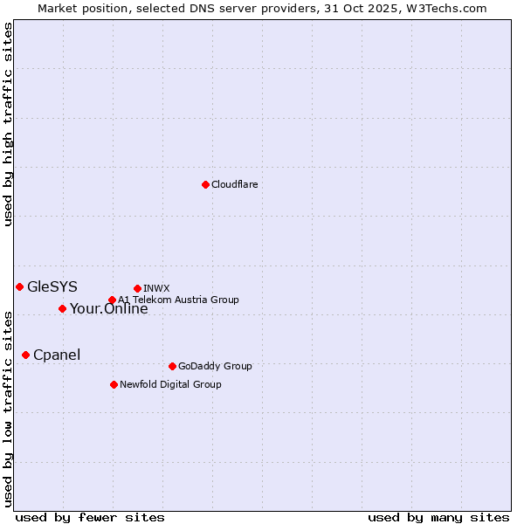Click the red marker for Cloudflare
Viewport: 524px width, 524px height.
click(205, 184)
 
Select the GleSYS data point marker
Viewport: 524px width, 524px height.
click(19, 286)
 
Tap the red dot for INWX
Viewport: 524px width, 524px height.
click(137, 288)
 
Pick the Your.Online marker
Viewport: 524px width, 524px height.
click(62, 308)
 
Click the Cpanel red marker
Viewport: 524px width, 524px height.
click(25, 355)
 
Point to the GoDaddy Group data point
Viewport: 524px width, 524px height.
click(172, 366)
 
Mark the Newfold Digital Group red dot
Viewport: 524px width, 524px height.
click(114, 384)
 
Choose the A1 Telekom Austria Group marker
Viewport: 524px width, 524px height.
click(112, 300)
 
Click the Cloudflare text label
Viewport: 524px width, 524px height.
click(234, 184)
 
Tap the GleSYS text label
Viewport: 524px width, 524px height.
click(52, 286)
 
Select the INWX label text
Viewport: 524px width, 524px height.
click(156, 288)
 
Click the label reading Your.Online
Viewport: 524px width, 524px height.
click(109, 308)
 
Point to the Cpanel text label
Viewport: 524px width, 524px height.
click(57, 355)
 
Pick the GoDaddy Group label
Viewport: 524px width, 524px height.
click(215, 366)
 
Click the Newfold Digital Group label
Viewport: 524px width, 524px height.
click(170, 384)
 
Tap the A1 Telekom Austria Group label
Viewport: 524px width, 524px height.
click(178, 300)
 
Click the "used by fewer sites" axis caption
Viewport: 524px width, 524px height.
click(90, 517)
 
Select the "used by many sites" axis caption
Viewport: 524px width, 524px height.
click(438, 517)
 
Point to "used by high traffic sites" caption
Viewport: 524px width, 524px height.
click(9, 124)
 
